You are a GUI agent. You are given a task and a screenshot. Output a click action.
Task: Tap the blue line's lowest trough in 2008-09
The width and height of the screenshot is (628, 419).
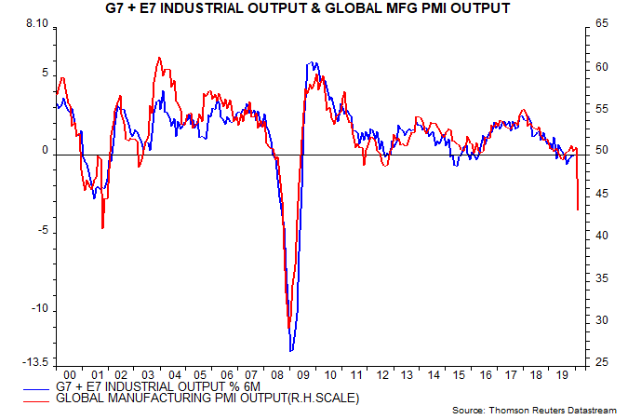pyautogui.click(x=291, y=350)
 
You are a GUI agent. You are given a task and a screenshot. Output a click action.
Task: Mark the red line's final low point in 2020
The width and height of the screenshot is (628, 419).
pyautogui.click(x=578, y=209)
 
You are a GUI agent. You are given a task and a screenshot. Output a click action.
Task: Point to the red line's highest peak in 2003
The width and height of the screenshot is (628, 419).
pyautogui.click(x=159, y=58)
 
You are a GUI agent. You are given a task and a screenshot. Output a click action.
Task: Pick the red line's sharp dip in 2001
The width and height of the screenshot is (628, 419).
pyautogui.click(x=102, y=227)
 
